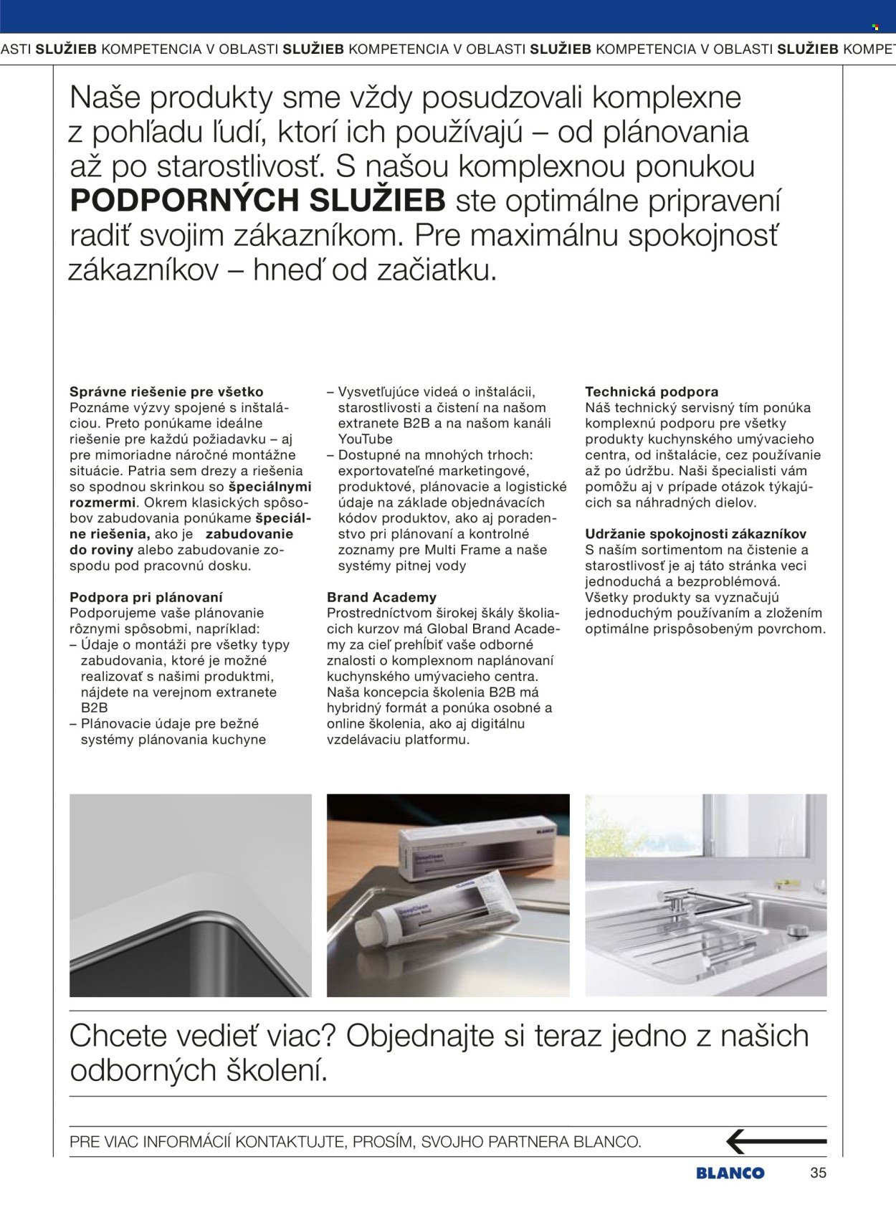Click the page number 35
pyautogui.click(x=818, y=1173)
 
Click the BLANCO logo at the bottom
pyautogui.click(x=730, y=1173)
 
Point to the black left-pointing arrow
pyautogui.click(x=776, y=1140)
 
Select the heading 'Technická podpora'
pyautogui.click(x=652, y=392)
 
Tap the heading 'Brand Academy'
pyautogui.click(x=381, y=597)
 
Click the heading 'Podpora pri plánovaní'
pyautogui.click(x=146, y=597)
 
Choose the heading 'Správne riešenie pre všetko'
pyautogui.click(x=166, y=392)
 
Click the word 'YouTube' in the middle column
pyautogui.click(x=366, y=439)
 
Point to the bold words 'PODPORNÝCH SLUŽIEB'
pyautogui.click(x=258, y=201)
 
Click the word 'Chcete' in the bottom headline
pyautogui.click(x=122, y=1037)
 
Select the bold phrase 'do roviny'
pyautogui.click(x=101, y=550)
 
